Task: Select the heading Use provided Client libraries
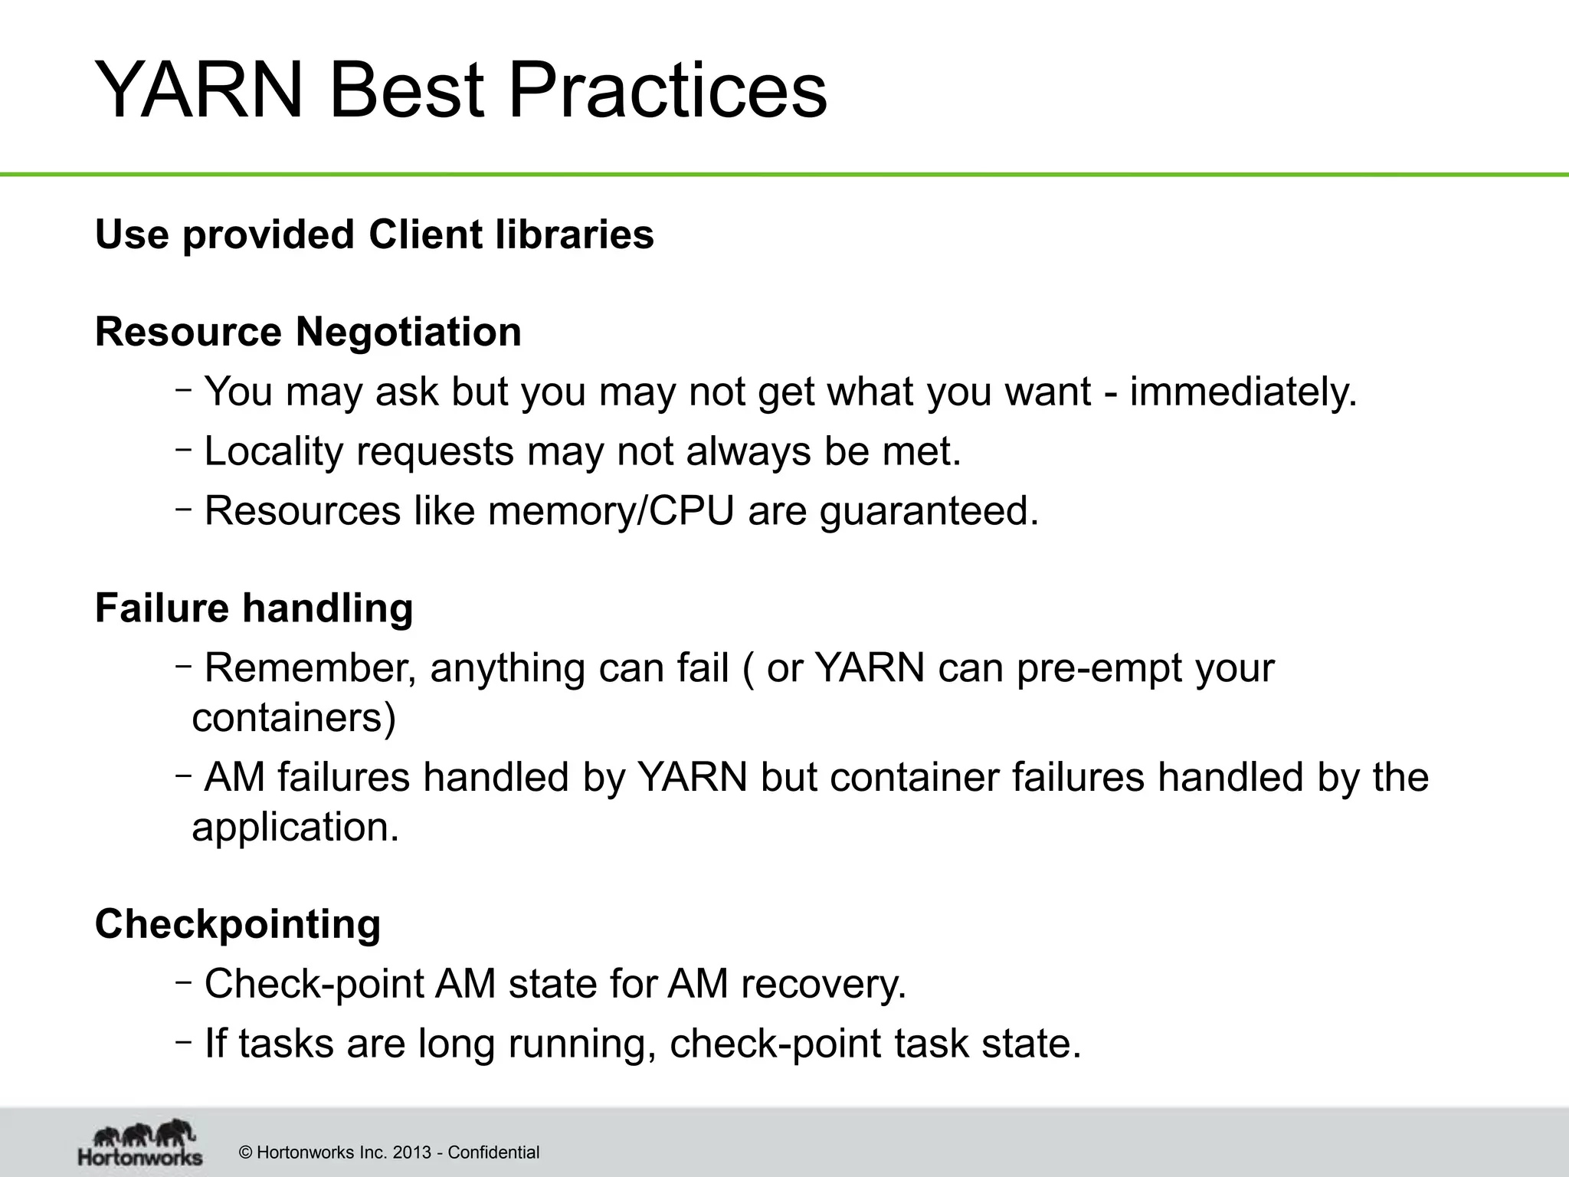pos(374,234)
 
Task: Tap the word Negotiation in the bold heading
pos(408,333)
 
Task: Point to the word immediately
pos(1243,392)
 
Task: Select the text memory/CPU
pos(611,511)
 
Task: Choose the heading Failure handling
pos(254,608)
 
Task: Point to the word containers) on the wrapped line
pos(293,719)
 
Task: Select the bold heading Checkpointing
pos(237,924)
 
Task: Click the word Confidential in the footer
pos(493,1152)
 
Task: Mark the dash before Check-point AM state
pos(182,980)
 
